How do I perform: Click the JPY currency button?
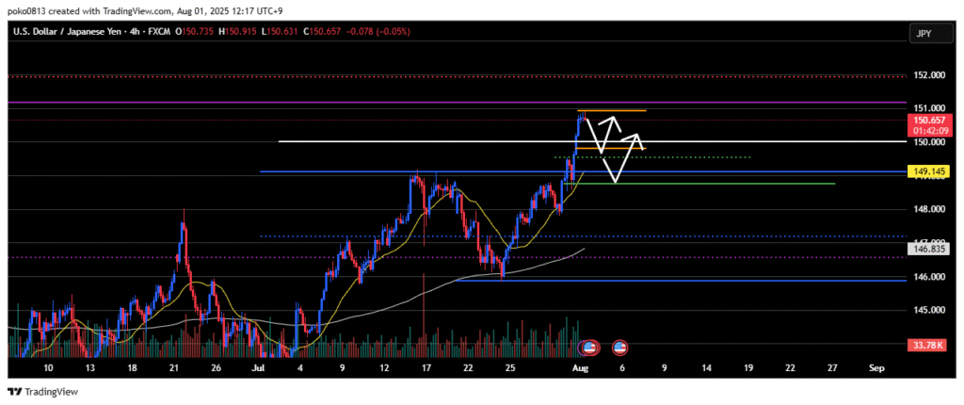926,33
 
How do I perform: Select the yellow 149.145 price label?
926,171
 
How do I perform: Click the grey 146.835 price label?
926,249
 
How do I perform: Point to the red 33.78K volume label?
926,345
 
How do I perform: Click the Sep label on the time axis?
876,367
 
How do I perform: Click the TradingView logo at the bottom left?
43,391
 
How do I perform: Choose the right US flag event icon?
619,348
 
